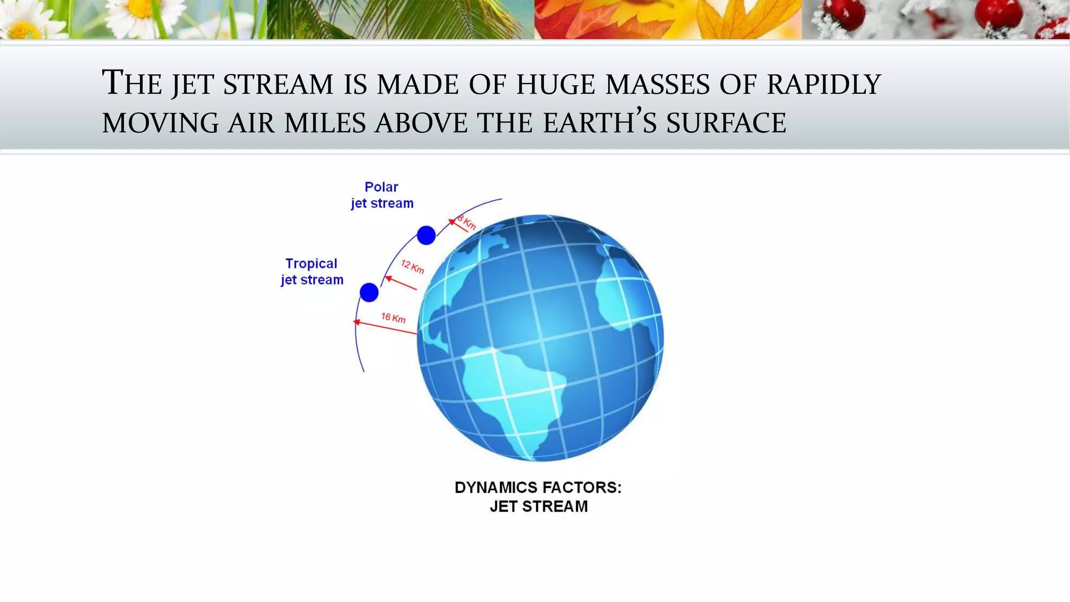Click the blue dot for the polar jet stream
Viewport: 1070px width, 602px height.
426,235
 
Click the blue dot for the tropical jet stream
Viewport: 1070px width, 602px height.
369,292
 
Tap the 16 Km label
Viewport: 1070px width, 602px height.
393,318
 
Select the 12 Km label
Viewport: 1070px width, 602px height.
412,267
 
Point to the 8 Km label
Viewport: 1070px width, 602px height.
467,222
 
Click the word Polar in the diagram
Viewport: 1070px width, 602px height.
381,187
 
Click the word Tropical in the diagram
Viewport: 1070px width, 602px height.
311,263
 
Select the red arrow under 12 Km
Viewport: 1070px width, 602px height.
401,283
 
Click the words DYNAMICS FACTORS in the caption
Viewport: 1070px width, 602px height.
538,488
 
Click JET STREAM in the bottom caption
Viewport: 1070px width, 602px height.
538,506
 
